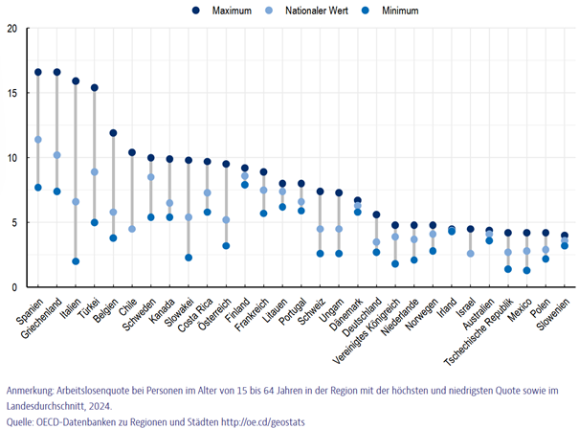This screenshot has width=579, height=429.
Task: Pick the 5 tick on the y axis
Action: click(13, 222)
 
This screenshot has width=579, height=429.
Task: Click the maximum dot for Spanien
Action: click(38, 72)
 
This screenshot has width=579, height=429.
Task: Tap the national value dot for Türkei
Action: click(95, 172)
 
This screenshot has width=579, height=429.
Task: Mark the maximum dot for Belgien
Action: click(113, 133)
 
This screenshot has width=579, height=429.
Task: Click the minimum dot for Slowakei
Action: click(189, 258)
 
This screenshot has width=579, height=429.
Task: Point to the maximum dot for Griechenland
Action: click(57, 72)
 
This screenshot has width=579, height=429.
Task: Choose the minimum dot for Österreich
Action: click(226, 246)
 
